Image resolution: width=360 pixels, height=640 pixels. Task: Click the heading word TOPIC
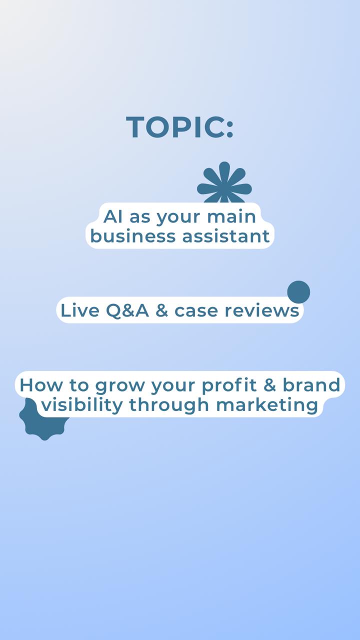pos(175,127)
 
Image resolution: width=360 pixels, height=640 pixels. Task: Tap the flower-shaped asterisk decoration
pos(224,183)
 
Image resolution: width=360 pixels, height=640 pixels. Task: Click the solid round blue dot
pos(298,291)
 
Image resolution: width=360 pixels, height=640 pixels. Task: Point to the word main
pos(231,216)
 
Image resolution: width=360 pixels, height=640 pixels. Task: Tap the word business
pos(133,236)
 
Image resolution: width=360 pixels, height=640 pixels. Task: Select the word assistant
pos(226,236)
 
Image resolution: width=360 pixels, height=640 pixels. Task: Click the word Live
pos(80,310)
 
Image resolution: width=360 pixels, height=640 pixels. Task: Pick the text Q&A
pos(127,310)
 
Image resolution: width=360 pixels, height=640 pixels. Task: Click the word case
pos(196,311)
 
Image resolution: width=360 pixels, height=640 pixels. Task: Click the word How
pos(41,385)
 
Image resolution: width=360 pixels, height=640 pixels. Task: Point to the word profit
pos(229,385)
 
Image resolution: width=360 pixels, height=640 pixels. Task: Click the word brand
pos(311,384)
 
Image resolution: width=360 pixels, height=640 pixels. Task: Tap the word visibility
pos(82,405)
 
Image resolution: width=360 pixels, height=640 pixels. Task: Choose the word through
pos(169,405)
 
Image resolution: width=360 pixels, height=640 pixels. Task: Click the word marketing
pos(267,405)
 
